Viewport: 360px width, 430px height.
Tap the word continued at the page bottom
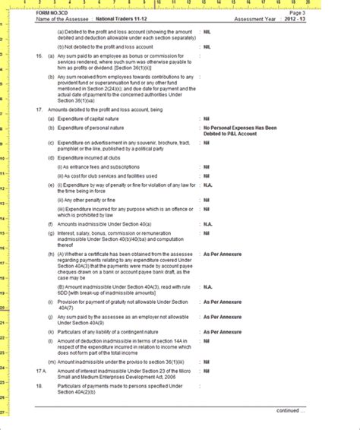(289, 409)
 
